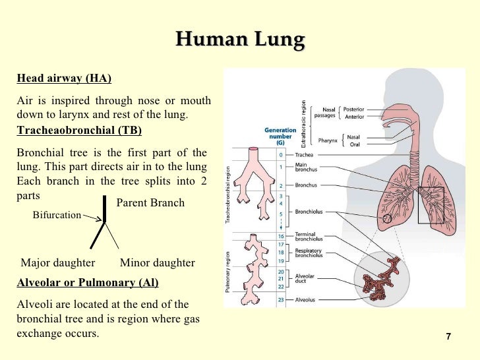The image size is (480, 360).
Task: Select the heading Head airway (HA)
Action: [64, 79]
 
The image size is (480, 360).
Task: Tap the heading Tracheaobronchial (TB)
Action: [78, 130]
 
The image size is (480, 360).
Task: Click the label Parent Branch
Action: [150, 203]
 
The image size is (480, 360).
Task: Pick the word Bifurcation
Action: [57, 215]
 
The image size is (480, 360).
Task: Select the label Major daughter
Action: [58, 263]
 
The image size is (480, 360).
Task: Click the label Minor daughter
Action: [158, 263]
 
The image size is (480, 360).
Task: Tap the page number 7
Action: [448, 337]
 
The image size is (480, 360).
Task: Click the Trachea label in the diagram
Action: [305, 155]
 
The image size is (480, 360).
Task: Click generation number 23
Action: [282, 300]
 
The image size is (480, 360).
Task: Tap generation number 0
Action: [282, 155]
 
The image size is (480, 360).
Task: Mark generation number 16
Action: [282, 236]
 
